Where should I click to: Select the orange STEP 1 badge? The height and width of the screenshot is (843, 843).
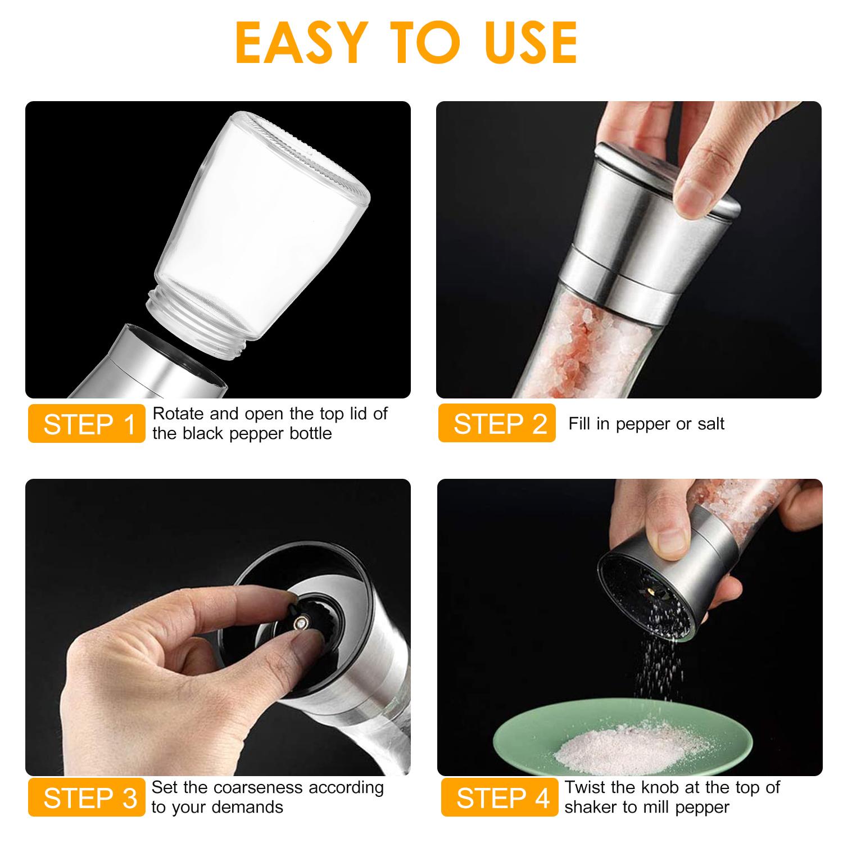[x=87, y=424]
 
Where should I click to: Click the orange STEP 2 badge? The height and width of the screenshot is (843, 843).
[x=497, y=424]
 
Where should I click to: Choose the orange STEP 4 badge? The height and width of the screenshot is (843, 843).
[x=500, y=797]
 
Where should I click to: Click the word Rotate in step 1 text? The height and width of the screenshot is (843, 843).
[x=178, y=414]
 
